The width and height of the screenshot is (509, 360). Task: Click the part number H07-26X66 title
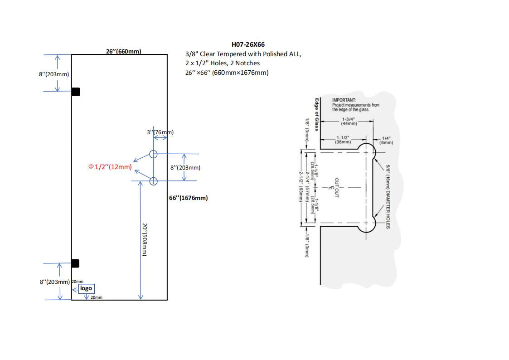coord(248,44)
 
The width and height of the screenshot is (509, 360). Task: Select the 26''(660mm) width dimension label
coord(123,51)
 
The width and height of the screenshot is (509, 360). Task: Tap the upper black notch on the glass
coord(76,92)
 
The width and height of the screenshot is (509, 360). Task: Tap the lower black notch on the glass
coord(76,263)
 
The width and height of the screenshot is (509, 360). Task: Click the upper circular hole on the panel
coord(153,154)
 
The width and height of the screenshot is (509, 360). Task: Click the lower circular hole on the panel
coord(153,181)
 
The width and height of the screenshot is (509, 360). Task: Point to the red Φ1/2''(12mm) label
coord(110,167)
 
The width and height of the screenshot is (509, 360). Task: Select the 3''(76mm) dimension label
coord(160,132)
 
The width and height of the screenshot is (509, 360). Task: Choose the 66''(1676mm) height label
coord(189,198)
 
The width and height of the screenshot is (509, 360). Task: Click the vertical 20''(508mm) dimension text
coord(145,240)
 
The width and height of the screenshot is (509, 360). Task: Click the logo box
coord(86,288)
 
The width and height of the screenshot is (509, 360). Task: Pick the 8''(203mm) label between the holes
coord(185,168)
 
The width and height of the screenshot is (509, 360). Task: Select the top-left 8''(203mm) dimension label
coord(54,74)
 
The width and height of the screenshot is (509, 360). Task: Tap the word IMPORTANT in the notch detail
coord(344,100)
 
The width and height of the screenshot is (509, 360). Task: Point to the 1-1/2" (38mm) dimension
coord(343,140)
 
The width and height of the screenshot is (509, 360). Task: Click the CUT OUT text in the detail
coord(336,187)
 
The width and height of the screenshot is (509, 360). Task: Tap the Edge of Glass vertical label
coord(317,115)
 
